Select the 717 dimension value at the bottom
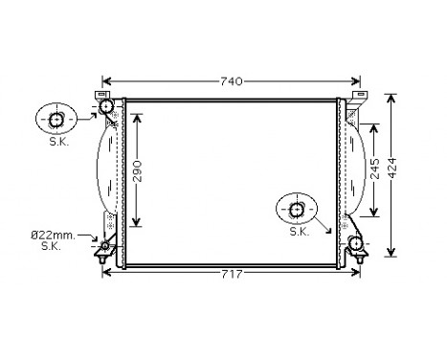pyautogui.click(x=232, y=275)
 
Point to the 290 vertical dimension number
pyautogui.click(x=137, y=170)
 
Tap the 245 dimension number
pyautogui.click(x=374, y=169)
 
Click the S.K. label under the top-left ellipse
pyautogui.click(x=58, y=142)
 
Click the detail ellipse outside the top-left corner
pyautogui.click(x=57, y=120)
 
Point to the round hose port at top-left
pyautogui.click(x=106, y=104)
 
